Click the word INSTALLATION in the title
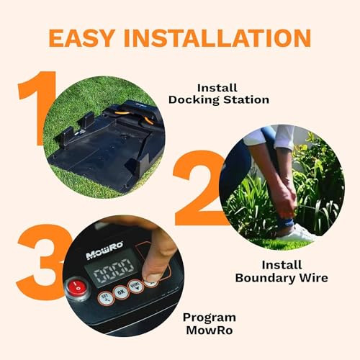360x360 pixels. [x=220, y=37]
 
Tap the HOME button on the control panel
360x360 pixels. [x=136, y=289]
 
